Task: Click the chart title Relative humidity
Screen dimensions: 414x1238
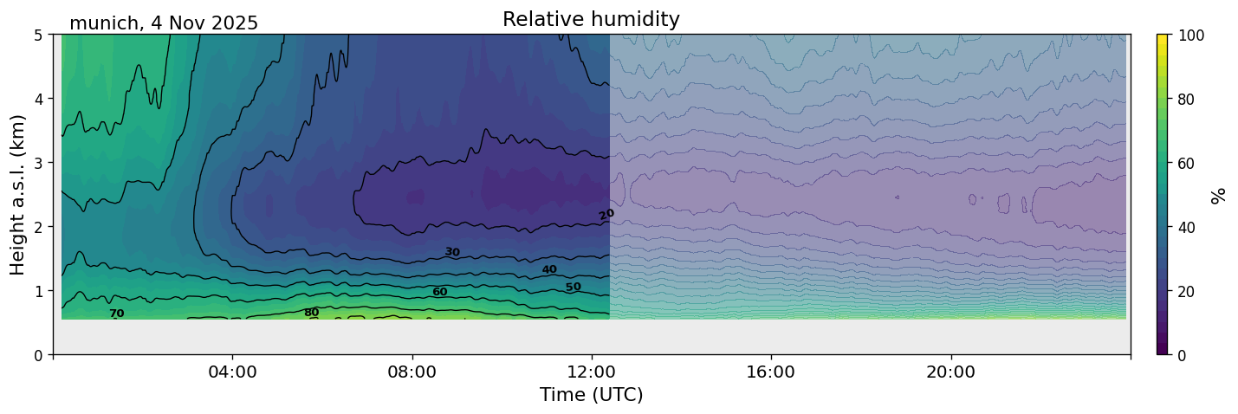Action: click(x=591, y=20)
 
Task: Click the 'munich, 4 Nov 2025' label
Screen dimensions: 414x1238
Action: click(x=164, y=23)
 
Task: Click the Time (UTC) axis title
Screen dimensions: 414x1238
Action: click(x=591, y=396)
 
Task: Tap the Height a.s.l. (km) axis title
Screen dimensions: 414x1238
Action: click(x=18, y=194)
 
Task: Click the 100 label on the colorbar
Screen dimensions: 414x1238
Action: click(x=1191, y=36)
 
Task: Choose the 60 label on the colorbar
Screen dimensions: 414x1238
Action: click(x=1188, y=163)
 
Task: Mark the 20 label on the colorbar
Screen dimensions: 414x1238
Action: click(x=1188, y=291)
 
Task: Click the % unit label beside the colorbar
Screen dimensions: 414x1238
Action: click(x=1219, y=195)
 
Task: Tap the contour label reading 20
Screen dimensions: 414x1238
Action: click(x=606, y=214)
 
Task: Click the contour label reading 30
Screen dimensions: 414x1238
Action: click(x=452, y=252)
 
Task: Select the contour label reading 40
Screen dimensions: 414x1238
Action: click(x=549, y=269)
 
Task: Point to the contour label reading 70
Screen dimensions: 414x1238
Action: click(x=116, y=314)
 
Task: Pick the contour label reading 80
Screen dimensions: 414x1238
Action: click(x=311, y=313)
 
